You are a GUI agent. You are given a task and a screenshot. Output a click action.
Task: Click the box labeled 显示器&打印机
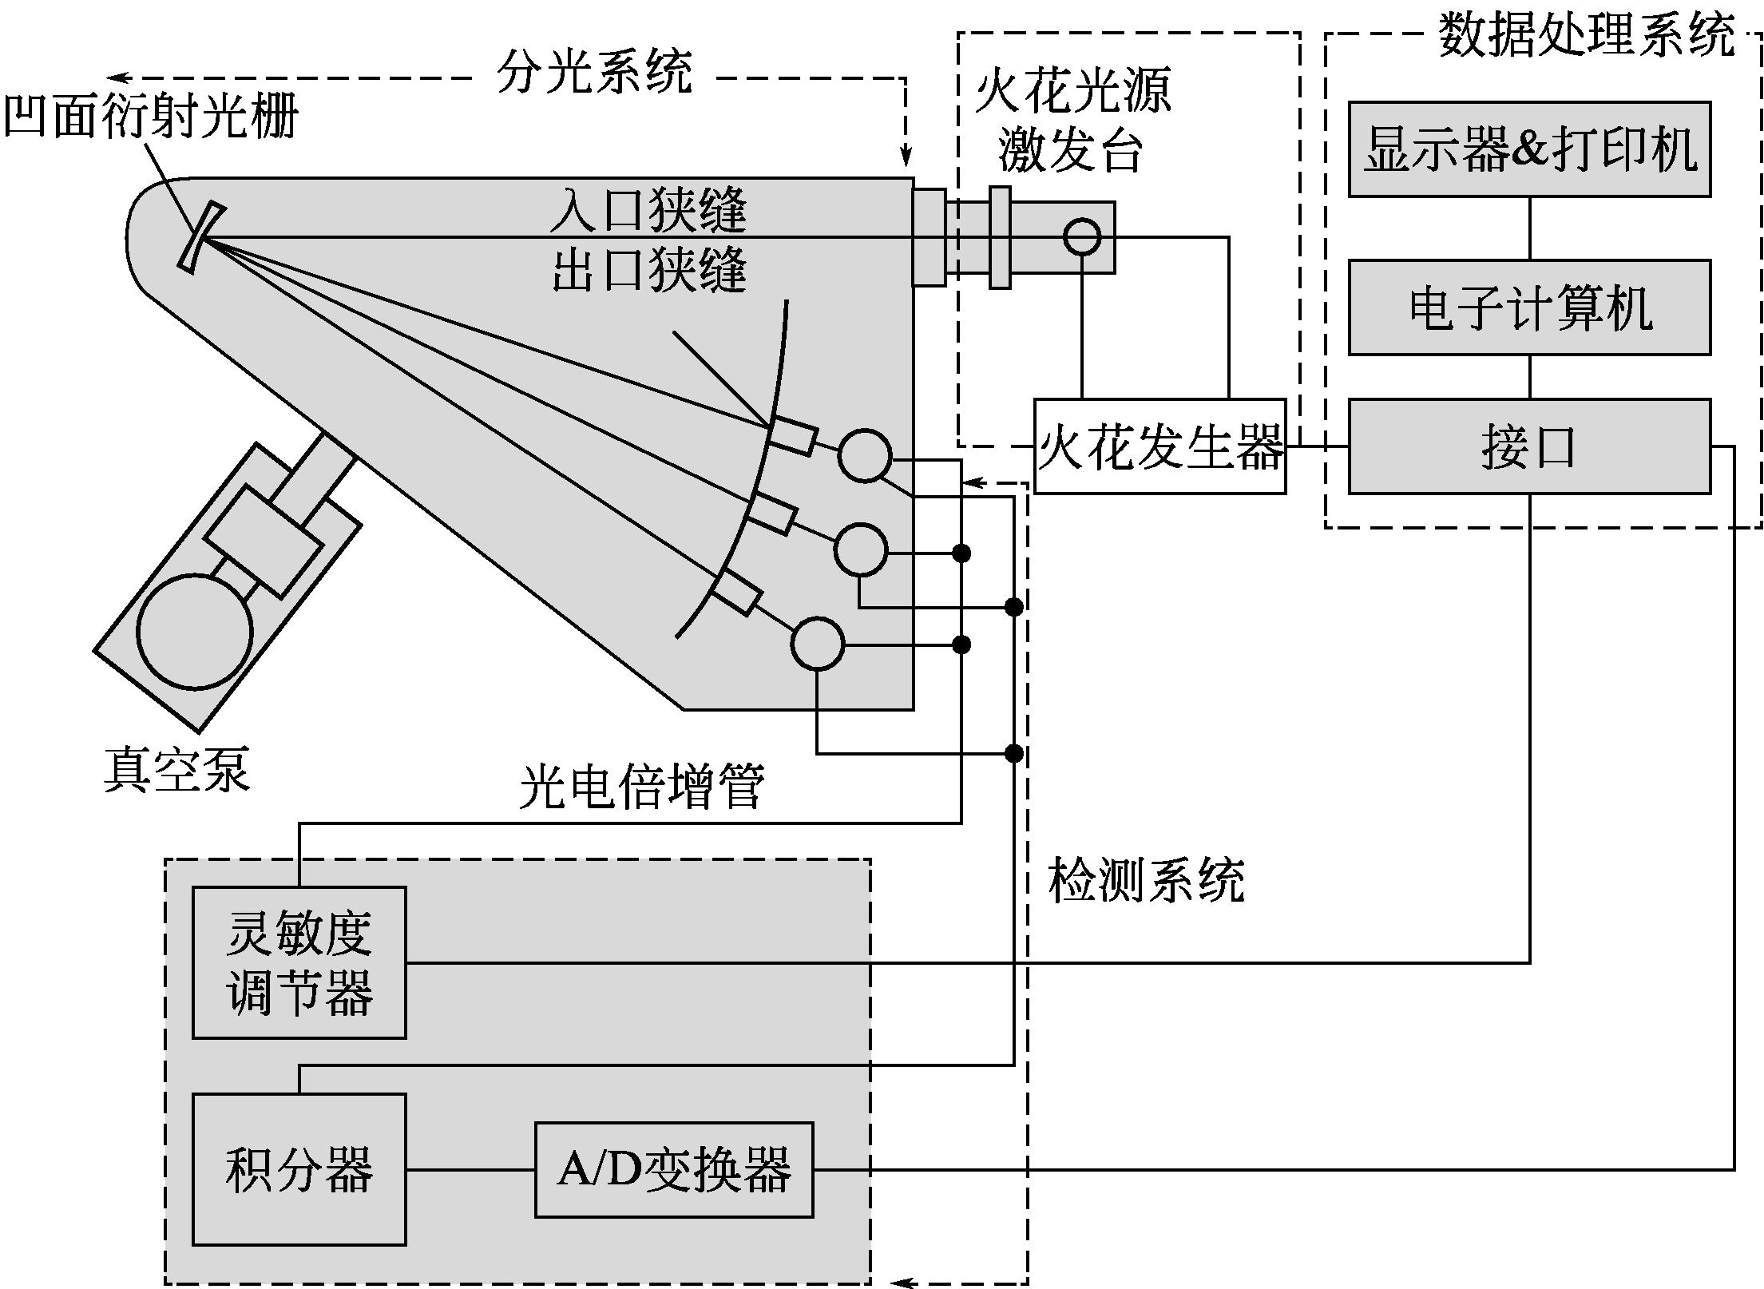point(1528,149)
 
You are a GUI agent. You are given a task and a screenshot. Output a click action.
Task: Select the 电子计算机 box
point(1528,307)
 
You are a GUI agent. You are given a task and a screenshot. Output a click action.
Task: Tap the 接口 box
point(1528,446)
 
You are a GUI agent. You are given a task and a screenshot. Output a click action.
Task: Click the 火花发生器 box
point(1159,446)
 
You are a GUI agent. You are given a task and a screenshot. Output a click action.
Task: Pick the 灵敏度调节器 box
point(299,962)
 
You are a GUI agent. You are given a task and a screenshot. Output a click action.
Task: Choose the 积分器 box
point(299,1169)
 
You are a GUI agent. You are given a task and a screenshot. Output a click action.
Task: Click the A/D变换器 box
point(673,1170)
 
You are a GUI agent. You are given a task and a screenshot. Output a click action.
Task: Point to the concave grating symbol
point(199,237)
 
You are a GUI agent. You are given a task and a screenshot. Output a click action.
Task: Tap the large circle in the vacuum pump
point(195,631)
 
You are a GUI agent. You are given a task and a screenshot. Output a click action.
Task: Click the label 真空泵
point(176,769)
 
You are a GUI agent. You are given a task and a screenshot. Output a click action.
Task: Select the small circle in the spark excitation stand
point(1082,237)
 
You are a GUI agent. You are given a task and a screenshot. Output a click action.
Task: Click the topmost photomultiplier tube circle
point(864,455)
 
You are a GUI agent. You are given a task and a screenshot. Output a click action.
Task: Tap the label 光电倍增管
point(642,787)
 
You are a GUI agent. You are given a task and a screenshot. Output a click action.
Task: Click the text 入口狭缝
point(648,210)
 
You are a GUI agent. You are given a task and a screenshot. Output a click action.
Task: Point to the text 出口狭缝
point(648,270)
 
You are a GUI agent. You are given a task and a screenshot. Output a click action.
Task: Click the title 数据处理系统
point(1587,35)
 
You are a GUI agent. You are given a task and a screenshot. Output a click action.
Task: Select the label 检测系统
point(1146,882)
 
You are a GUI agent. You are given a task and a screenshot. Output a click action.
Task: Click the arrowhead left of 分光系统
point(118,78)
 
